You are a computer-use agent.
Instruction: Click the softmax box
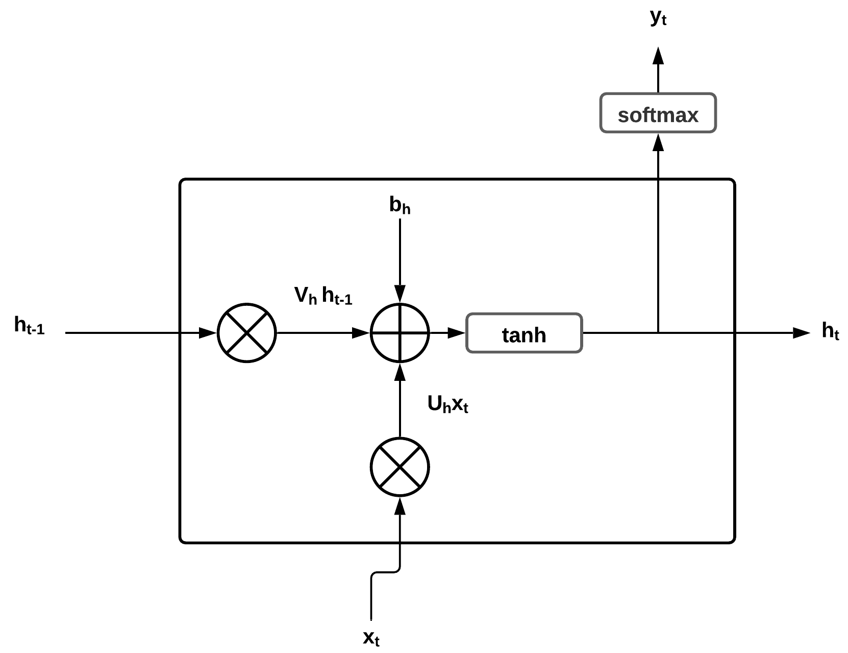(x=658, y=113)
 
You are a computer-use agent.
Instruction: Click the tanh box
(x=524, y=333)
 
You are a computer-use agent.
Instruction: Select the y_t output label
(x=658, y=17)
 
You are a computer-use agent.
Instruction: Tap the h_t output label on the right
(x=830, y=332)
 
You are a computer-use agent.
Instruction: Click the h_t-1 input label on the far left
(x=30, y=326)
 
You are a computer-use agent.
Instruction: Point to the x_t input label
(x=371, y=638)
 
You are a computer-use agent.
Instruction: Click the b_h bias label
(x=400, y=205)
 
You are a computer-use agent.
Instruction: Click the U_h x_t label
(x=447, y=405)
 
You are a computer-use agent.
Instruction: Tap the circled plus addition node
(x=400, y=333)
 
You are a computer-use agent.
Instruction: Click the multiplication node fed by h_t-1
(x=247, y=333)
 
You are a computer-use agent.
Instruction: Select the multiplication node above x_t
(x=400, y=467)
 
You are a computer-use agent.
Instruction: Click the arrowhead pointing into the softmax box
(x=658, y=142)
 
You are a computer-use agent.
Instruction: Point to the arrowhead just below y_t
(x=658, y=55)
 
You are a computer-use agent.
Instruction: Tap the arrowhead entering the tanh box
(x=457, y=333)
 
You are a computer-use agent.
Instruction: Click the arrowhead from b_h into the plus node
(x=400, y=294)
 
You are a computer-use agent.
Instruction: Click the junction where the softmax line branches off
(x=658, y=333)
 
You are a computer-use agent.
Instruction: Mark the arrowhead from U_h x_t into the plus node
(x=400, y=372)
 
